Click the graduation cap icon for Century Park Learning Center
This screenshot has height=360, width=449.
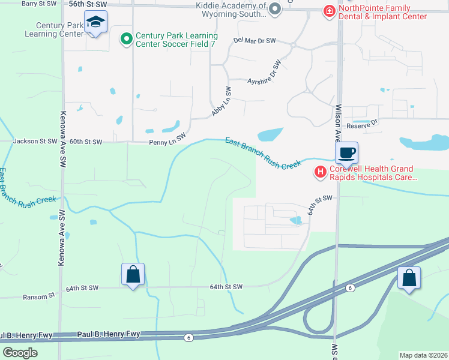95,22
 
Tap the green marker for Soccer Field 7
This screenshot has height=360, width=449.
126,40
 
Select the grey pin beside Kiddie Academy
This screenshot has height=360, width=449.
275,9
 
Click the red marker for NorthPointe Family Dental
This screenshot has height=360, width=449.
329,11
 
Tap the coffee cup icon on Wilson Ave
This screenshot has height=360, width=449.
346,153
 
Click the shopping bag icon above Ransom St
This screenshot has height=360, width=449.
133,275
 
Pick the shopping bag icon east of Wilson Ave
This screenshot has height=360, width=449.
409,278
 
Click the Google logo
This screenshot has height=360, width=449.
20,353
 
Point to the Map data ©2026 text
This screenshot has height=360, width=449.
423,355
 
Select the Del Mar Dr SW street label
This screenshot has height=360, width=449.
254,41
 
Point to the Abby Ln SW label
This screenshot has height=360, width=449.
221,101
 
